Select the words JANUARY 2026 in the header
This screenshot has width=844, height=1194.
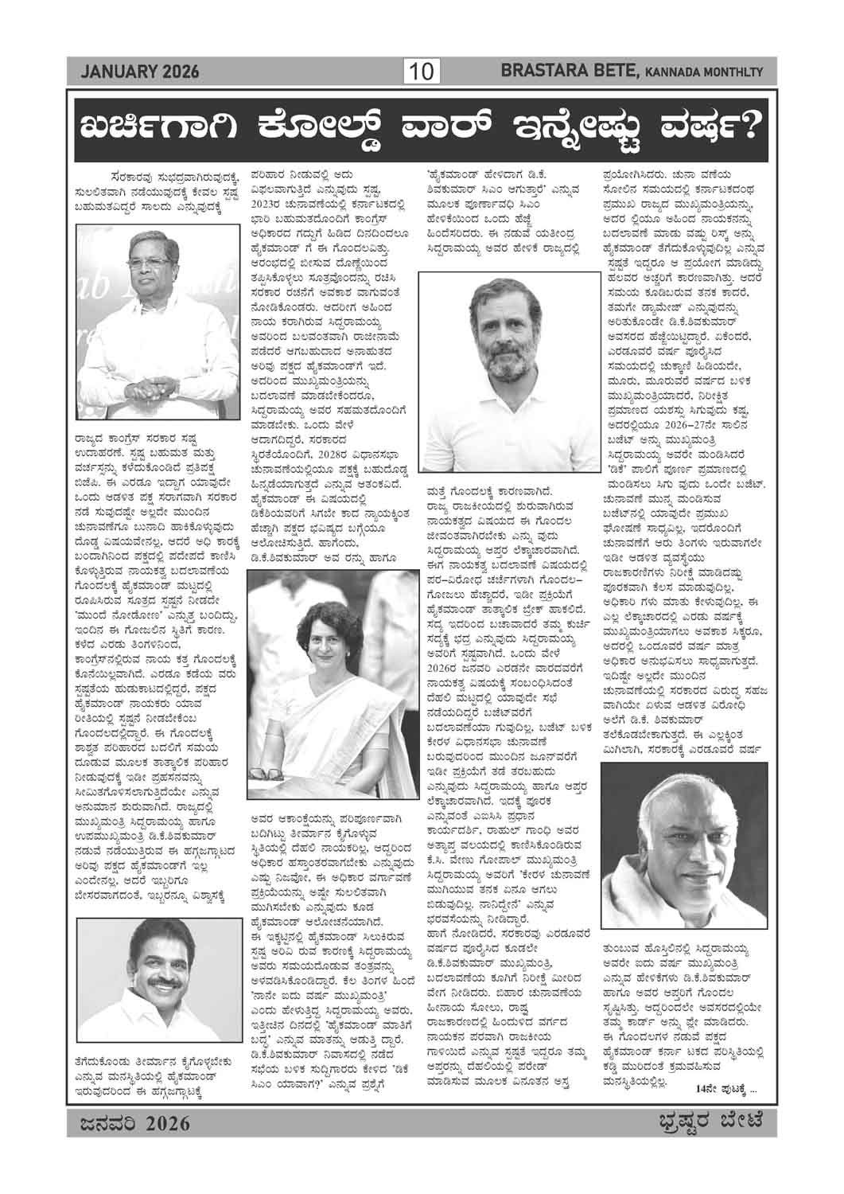(x=139, y=73)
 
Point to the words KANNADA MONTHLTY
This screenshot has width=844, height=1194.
(x=703, y=74)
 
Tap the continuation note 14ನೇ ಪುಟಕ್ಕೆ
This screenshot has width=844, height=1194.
(x=725, y=1089)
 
